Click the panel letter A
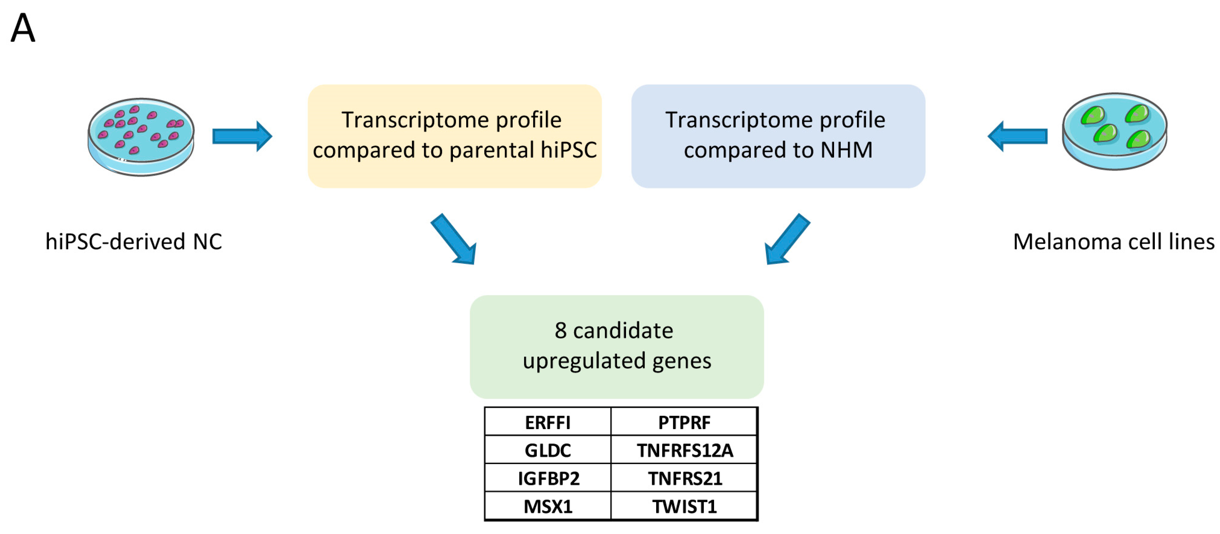23,28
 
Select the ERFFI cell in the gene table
548,422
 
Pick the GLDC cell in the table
548,450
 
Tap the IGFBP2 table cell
548,478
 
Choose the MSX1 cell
548,506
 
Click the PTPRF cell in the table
684,422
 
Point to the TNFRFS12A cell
684,450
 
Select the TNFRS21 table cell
684,478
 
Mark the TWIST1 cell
684,506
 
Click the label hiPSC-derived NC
134,241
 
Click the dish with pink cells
141,137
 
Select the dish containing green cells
1114,131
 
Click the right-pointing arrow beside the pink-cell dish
242,136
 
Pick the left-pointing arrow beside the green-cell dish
1017,136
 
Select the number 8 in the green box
561,330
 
